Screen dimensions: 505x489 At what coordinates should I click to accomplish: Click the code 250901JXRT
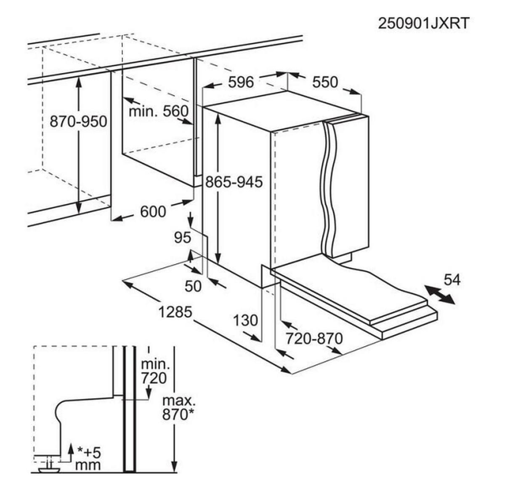pos(423,24)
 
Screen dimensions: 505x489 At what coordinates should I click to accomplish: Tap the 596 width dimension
pos(241,82)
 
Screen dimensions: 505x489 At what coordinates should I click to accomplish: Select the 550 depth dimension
pos(325,82)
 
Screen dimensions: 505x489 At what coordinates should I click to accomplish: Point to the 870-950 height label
pos(78,121)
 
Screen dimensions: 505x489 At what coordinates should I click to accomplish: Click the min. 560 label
pos(159,112)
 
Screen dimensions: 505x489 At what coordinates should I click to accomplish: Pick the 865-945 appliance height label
pos(234,182)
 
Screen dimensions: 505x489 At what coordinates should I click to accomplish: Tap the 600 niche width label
pos(153,211)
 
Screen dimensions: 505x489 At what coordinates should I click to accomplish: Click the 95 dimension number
pos(183,238)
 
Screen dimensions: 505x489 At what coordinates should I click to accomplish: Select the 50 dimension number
pos(193,286)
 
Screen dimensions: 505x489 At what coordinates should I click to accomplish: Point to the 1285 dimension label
pos(175,312)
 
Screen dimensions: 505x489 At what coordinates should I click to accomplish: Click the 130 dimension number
pos(245,320)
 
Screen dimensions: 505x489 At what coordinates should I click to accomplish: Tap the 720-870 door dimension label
pos(314,338)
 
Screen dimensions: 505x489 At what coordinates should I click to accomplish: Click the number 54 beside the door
pos(452,280)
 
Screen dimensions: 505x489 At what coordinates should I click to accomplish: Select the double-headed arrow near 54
pos(440,294)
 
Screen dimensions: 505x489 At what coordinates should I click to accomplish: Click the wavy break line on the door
pos(327,188)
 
